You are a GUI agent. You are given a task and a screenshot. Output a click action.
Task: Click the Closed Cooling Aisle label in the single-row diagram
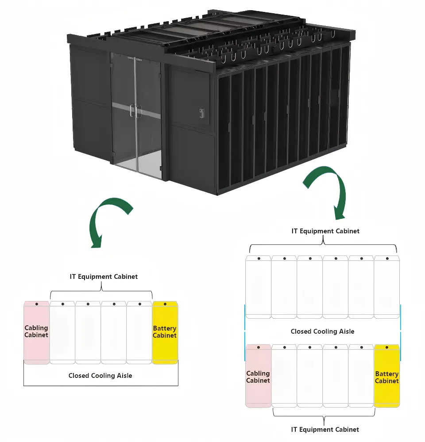point(100,376)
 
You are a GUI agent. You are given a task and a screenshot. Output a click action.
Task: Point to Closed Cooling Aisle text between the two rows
point(322,331)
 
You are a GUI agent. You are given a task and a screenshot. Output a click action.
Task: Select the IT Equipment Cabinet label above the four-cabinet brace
point(104,277)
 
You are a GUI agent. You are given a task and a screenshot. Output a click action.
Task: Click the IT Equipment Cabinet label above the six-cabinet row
point(325,231)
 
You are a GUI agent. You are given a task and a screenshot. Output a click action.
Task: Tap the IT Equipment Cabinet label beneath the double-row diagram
point(325,429)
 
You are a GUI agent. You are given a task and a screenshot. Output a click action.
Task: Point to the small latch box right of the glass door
point(201,113)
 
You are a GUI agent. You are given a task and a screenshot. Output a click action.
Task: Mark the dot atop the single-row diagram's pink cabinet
point(36,304)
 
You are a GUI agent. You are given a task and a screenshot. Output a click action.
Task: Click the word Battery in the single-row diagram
point(165,328)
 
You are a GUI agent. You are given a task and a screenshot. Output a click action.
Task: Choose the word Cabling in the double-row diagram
point(258,373)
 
